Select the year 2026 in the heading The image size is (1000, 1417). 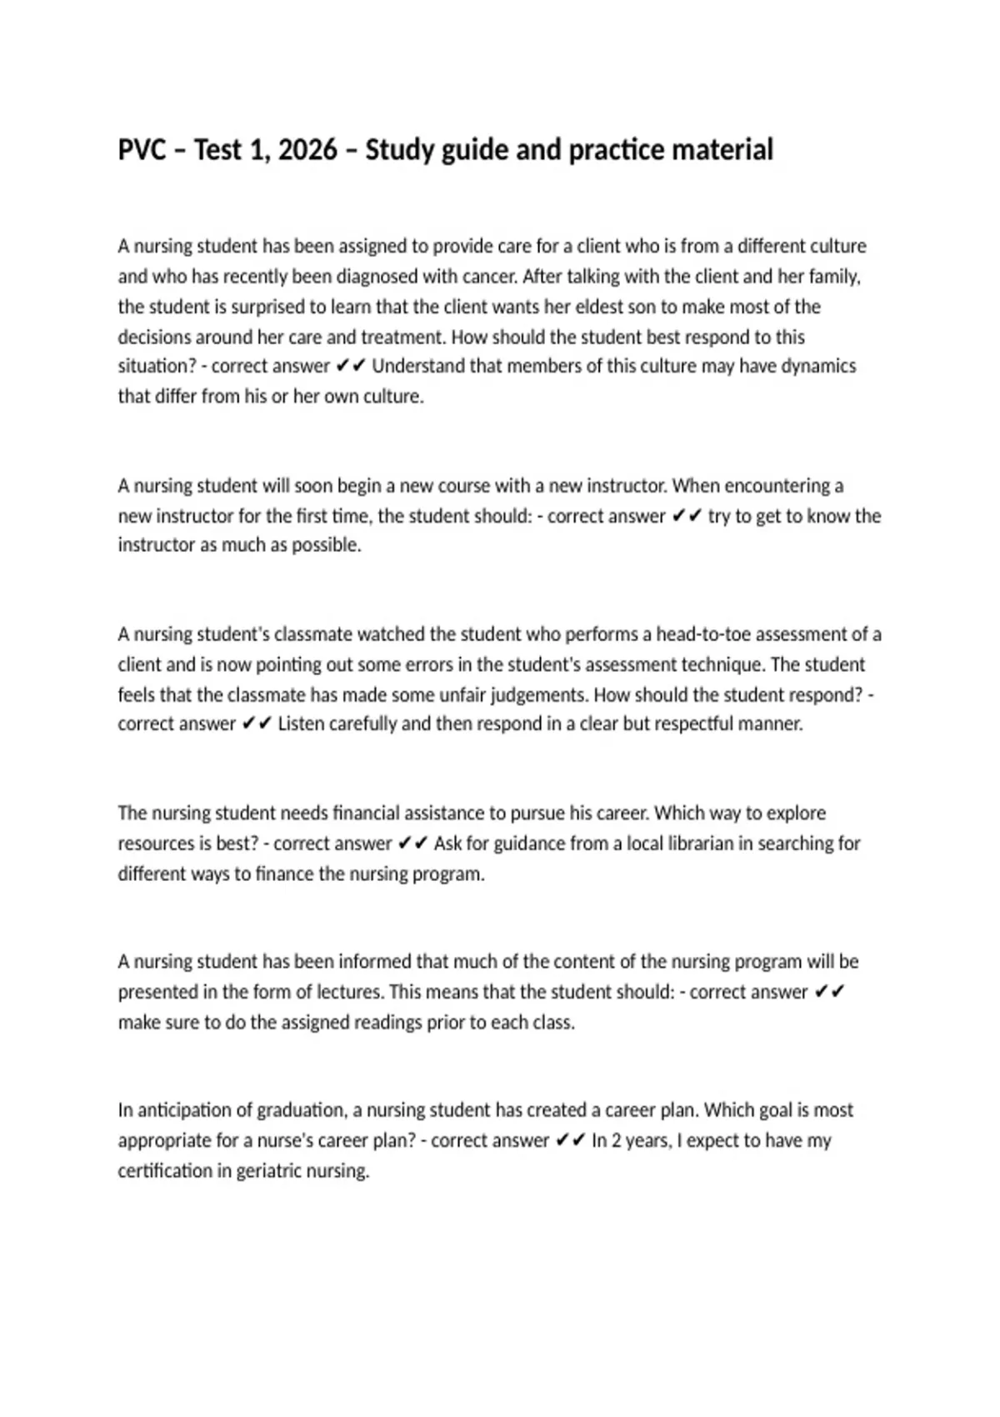(307, 150)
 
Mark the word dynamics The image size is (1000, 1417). (818, 367)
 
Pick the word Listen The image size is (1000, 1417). (301, 724)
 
